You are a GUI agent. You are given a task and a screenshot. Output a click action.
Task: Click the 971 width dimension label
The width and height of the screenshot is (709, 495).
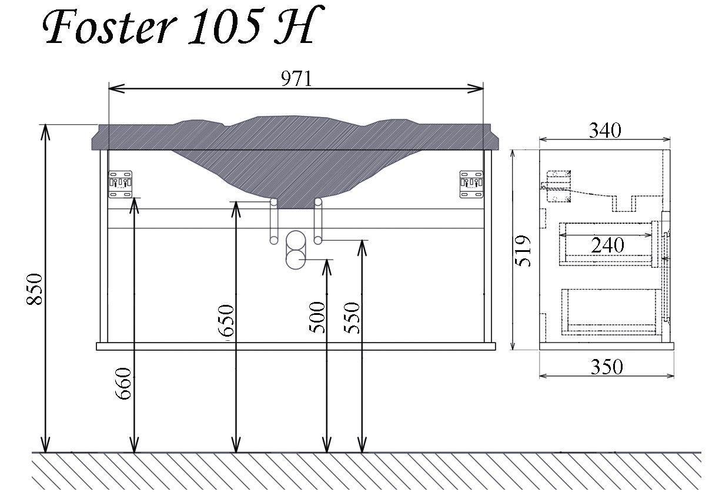tap(296, 78)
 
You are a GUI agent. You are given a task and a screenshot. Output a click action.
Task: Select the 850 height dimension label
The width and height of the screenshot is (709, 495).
tap(35, 288)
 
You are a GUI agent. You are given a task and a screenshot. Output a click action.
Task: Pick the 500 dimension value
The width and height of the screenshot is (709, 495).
tap(317, 317)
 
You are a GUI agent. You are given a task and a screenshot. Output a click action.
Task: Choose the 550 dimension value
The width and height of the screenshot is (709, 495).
tap(352, 317)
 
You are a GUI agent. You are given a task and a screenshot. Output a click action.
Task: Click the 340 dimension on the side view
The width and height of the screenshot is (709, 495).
tap(605, 130)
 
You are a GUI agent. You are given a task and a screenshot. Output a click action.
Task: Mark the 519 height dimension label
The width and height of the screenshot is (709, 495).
tap(523, 251)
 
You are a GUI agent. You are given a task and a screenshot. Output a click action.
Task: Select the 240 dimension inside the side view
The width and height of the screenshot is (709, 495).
tap(607, 244)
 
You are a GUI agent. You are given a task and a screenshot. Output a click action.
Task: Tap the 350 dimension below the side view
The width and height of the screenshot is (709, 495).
tap(606, 367)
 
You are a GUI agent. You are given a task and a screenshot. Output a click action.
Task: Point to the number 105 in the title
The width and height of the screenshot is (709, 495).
tap(224, 26)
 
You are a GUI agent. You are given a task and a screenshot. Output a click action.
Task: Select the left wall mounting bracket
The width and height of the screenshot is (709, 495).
tap(120, 184)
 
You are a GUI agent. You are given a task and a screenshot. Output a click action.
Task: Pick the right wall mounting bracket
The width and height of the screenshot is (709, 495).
tap(471, 184)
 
